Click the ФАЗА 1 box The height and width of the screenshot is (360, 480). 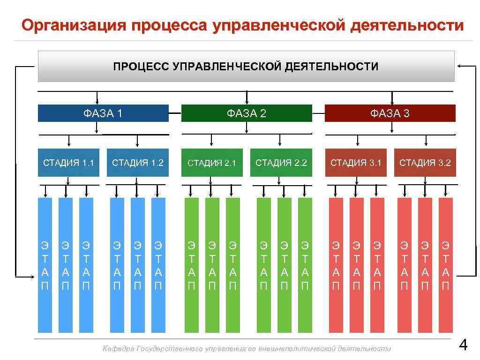(103, 113)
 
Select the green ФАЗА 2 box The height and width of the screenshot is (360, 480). (247, 113)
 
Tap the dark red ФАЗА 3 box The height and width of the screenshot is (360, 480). (390, 113)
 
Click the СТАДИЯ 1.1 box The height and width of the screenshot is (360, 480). (68, 163)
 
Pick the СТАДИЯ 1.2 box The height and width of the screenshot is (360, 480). (138, 163)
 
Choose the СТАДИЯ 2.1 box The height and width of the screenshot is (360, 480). (212, 163)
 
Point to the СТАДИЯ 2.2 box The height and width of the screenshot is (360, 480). (281, 163)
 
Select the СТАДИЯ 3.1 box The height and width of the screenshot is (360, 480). (356, 163)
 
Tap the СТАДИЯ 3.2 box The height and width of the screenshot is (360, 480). (425, 163)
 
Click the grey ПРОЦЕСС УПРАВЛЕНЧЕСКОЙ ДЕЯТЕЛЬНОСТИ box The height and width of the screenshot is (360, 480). (246, 66)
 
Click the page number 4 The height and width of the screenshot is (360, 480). (463, 346)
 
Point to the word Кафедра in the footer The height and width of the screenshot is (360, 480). (119, 349)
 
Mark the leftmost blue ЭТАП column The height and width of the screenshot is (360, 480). (45, 265)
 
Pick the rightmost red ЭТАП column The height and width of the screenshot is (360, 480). (445, 265)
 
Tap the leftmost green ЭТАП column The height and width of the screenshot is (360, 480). (191, 265)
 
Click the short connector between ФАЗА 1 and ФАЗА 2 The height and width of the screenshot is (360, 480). (175, 113)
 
